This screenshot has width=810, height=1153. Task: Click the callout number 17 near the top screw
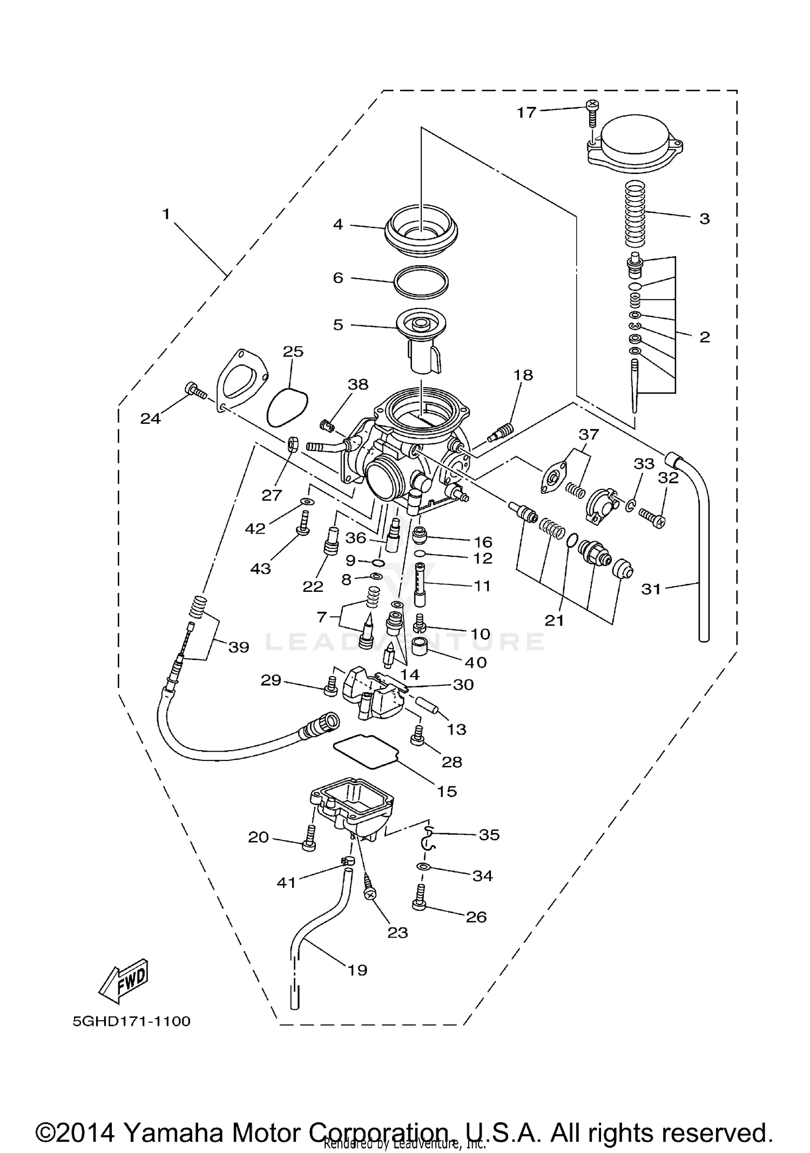tap(526, 112)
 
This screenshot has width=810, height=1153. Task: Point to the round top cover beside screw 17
tap(635, 143)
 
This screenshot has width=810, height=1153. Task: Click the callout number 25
tap(293, 352)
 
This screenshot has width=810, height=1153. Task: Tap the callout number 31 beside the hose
tap(651, 589)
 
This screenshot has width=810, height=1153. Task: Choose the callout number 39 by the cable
tap(239, 646)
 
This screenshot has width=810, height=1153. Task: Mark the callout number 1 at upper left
tap(166, 214)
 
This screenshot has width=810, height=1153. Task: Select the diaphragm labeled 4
tap(421, 231)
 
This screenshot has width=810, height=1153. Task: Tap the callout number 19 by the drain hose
tap(357, 970)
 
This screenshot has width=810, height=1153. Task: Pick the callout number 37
tap(589, 434)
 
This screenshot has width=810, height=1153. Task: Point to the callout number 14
tap(410, 674)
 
